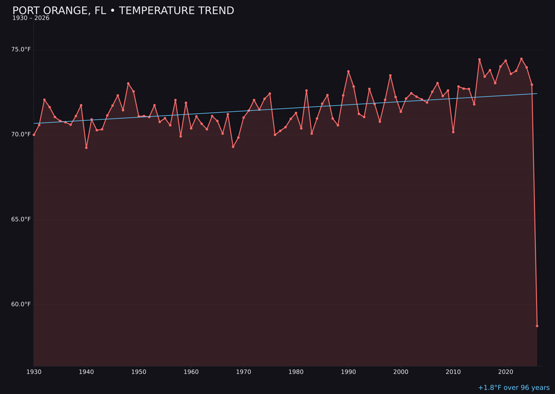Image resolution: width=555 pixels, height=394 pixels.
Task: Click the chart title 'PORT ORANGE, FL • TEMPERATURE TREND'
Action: pos(123,11)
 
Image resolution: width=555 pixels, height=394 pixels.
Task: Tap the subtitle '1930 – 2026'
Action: pos(31,18)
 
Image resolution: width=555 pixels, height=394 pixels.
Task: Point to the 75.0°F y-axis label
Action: pos(22,49)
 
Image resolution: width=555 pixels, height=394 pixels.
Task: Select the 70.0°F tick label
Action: pos(22,134)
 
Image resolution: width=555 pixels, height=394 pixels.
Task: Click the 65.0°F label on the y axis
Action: pos(22,219)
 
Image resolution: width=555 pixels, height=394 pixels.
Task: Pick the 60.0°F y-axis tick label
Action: pos(22,304)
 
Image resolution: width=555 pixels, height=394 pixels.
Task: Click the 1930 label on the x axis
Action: pos(34,371)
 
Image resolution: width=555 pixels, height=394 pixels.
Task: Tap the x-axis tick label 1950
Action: pos(139,371)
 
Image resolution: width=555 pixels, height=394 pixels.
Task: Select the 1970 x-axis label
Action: pos(244,371)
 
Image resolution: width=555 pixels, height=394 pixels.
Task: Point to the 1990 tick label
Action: pos(348,371)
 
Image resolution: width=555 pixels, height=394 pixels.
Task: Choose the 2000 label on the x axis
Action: pos(401,371)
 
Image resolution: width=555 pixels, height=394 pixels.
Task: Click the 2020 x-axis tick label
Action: pos(506,371)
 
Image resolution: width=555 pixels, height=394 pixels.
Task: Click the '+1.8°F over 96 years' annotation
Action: pos(513,388)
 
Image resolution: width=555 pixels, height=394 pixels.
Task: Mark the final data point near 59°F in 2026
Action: pos(537,326)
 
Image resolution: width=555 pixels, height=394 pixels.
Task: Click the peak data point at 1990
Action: pos(348,71)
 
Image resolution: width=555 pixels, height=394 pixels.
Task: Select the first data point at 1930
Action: pos(34,134)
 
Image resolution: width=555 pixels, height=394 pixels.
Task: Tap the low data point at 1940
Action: pos(86,148)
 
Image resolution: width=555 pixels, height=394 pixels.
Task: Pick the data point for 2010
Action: pos(453,132)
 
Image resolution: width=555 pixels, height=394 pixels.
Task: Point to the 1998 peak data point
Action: pos(390,75)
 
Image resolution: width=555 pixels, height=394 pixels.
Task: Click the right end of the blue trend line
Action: pos(537,93)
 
